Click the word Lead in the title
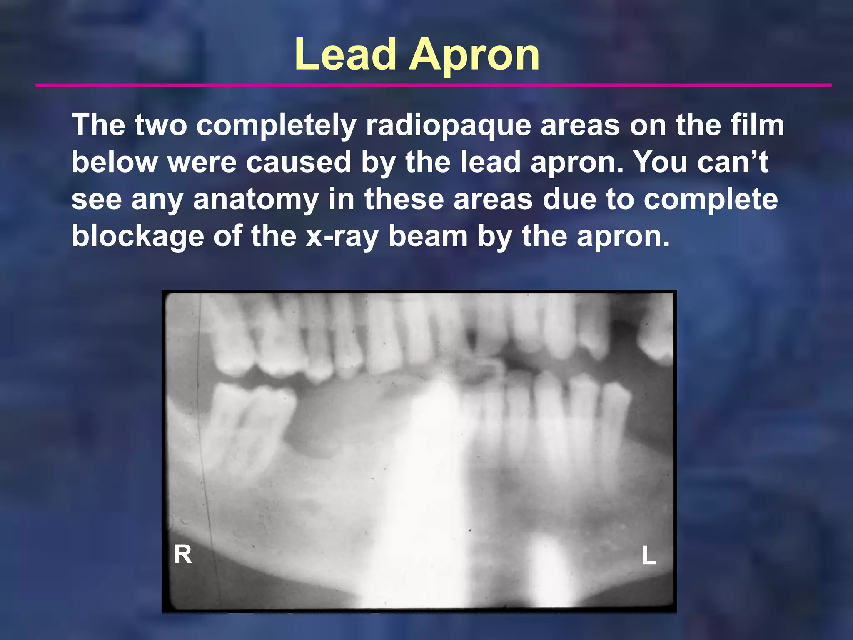(345, 55)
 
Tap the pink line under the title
(433, 85)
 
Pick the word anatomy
(256, 199)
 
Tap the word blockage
(138, 236)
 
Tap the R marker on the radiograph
(183, 555)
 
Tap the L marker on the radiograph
(649, 556)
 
